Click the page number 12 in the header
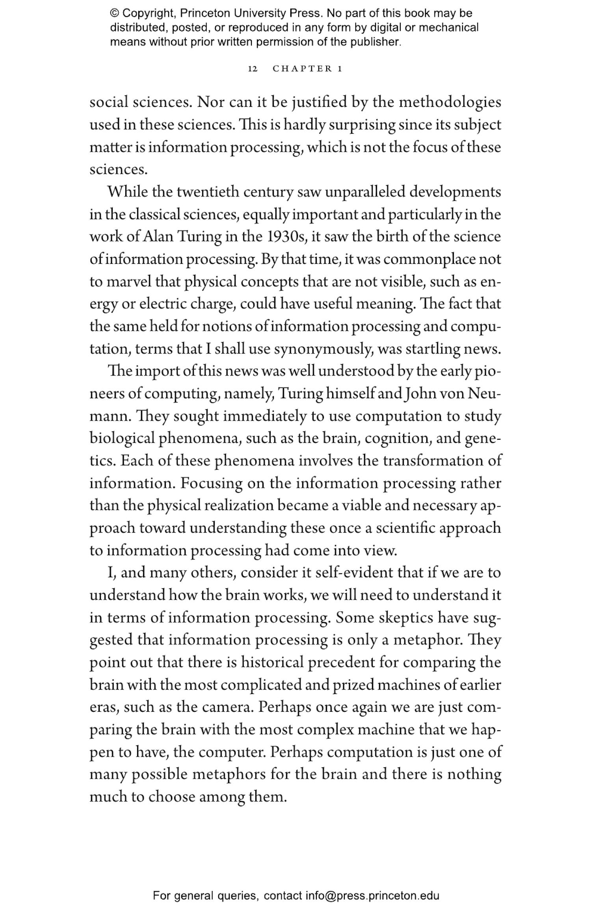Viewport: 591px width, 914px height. (253, 69)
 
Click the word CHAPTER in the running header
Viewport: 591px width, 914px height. (303, 69)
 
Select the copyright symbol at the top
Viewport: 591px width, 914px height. (114, 13)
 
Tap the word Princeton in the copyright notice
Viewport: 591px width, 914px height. (205, 13)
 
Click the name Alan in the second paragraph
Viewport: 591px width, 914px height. (158, 237)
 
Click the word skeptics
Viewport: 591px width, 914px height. (406, 618)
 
